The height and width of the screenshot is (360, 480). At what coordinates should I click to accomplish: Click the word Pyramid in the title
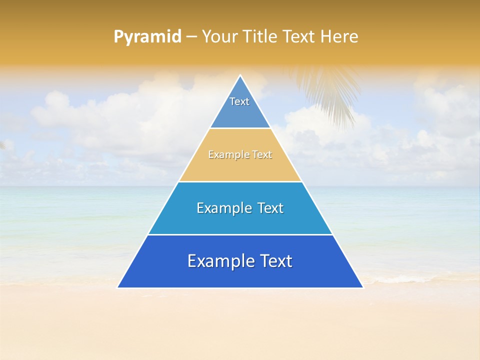(x=147, y=36)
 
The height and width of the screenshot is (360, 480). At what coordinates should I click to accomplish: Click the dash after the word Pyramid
(x=191, y=37)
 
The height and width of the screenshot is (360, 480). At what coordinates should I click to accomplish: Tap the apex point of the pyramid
(x=240, y=76)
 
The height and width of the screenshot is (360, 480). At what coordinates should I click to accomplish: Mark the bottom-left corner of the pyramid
(x=118, y=287)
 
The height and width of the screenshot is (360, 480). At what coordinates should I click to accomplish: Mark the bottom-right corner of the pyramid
(x=362, y=287)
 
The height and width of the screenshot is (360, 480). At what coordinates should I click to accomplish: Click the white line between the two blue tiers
(x=240, y=234)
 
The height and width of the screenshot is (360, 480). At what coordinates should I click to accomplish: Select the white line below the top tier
(x=240, y=128)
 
